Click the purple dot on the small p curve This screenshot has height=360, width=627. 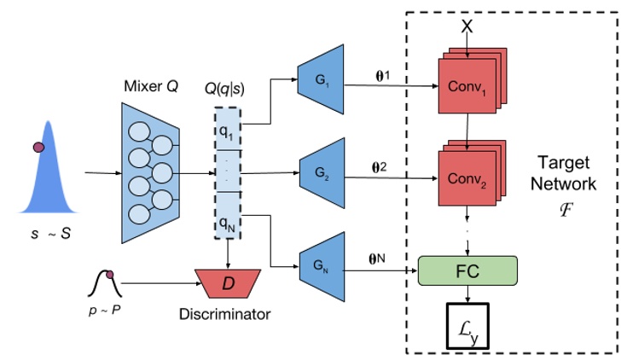(109, 274)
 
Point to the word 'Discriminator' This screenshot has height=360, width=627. (225, 314)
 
